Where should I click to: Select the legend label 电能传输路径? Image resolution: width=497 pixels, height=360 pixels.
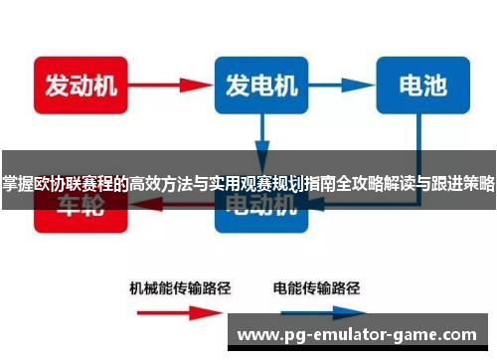point(317,289)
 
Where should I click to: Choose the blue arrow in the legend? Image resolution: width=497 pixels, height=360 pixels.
point(317,312)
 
